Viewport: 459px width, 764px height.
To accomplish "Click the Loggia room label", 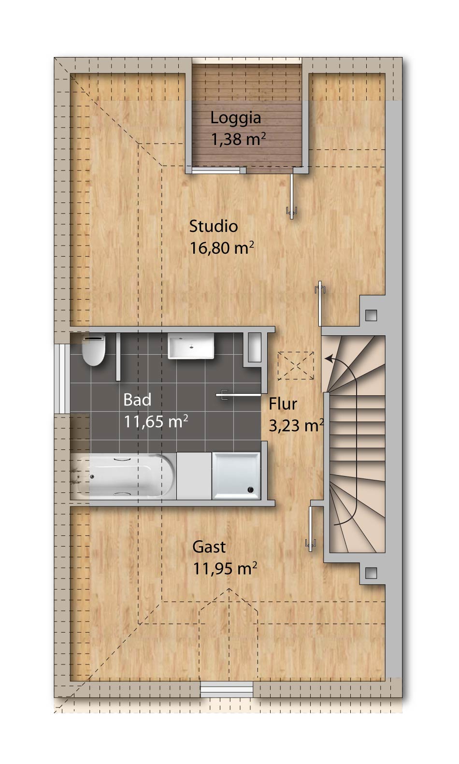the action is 236,118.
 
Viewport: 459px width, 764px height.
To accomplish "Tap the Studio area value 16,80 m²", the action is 222,248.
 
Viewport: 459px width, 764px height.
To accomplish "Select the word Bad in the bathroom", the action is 137,400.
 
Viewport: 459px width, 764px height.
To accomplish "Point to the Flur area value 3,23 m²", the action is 296,425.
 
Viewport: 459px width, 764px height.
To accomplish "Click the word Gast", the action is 209,547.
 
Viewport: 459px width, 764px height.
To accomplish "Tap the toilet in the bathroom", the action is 93,349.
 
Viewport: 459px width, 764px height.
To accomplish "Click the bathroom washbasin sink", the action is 191,346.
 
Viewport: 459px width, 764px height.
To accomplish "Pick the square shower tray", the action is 236,476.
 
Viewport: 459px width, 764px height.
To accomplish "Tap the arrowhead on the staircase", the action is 329,359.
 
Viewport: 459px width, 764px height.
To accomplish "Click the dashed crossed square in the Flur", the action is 296,365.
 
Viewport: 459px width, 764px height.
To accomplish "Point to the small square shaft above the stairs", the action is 371,315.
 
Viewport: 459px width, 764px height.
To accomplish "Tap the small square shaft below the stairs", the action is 371,573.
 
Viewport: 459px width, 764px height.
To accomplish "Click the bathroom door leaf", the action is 239,395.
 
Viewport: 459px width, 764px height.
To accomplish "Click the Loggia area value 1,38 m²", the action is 238,139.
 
